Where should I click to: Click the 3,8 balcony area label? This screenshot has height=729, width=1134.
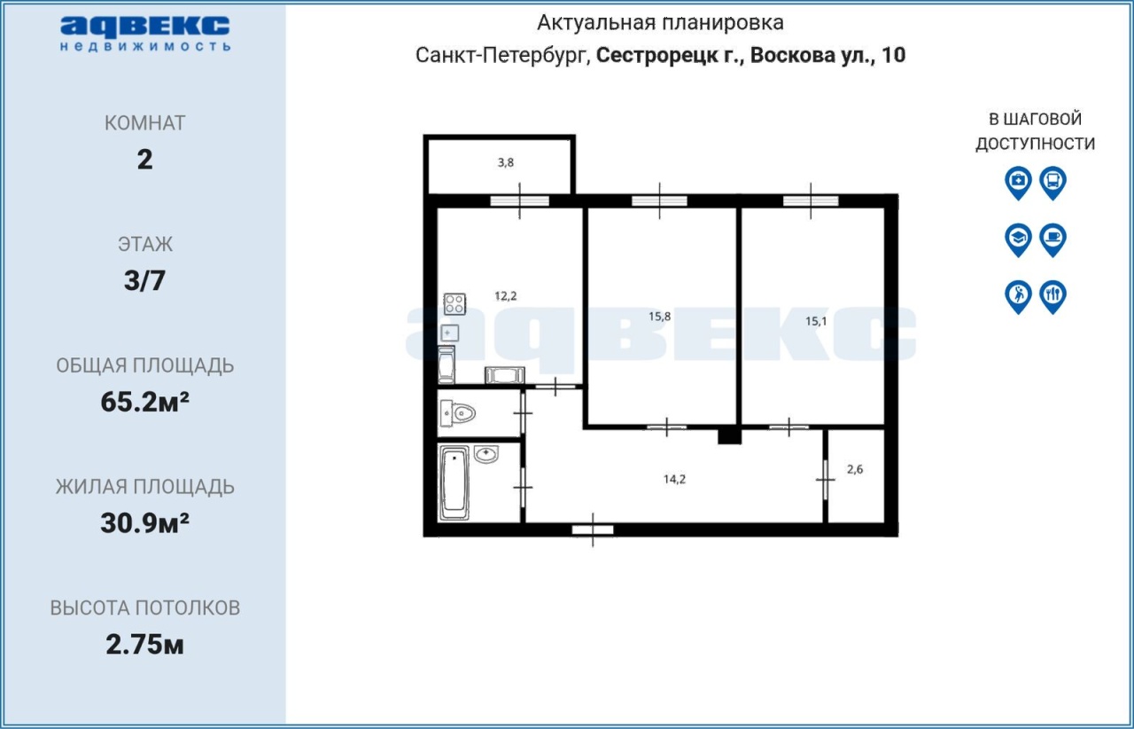click(x=506, y=162)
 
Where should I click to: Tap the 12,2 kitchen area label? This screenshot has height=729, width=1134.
click(x=506, y=296)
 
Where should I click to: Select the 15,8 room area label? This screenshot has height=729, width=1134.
click(x=660, y=317)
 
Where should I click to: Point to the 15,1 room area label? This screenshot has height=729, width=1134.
click(x=816, y=321)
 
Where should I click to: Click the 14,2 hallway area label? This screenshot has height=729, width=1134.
click(x=675, y=480)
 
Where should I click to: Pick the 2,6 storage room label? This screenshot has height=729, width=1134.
click(x=855, y=469)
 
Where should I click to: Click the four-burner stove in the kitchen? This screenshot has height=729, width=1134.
click(x=454, y=303)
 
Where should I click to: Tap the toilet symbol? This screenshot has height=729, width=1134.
click(x=458, y=413)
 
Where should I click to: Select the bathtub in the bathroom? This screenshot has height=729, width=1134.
click(x=454, y=483)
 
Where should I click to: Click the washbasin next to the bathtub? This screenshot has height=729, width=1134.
click(x=486, y=454)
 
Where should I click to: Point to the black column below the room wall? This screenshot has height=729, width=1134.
click(x=729, y=436)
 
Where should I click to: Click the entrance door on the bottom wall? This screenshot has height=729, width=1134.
click(x=593, y=529)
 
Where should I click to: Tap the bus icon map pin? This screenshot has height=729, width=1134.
click(x=1053, y=183)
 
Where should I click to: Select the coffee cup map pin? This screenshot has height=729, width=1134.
click(x=1053, y=239)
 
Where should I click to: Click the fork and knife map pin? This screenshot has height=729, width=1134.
click(x=1053, y=297)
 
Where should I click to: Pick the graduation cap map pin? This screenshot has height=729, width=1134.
click(x=1018, y=239)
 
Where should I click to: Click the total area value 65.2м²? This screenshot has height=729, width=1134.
click(x=144, y=402)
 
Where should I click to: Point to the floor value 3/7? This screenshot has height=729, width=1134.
click(x=144, y=280)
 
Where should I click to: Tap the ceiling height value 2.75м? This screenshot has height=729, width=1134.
click(x=144, y=645)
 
